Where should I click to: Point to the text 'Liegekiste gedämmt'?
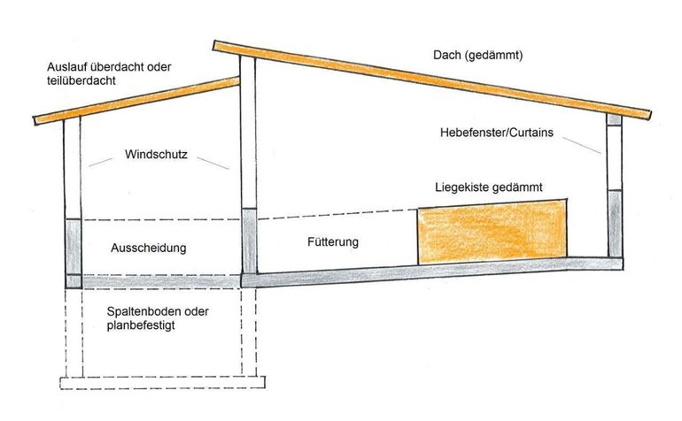pos(488,188)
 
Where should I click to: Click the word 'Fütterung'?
pos(333,241)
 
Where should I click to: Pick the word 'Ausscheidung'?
pos(149,249)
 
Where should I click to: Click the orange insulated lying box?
pos(492,233)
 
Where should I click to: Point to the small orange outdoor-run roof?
pos(133,101)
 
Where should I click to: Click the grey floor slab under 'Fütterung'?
pos(425,270)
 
